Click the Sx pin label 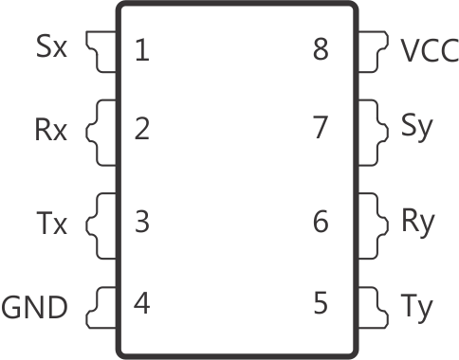(x=52, y=47)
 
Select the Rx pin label (x=51, y=130)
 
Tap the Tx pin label (x=51, y=225)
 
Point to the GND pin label (x=36, y=307)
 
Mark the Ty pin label (x=417, y=307)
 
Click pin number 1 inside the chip (x=141, y=49)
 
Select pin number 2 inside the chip (x=141, y=128)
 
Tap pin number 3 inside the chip (x=141, y=223)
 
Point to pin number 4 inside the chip (x=141, y=304)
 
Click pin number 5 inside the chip (x=321, y=304)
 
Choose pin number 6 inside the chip (x=321, y=223)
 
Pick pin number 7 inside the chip (x=321, y=128)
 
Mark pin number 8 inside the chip (x=321, y=49)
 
